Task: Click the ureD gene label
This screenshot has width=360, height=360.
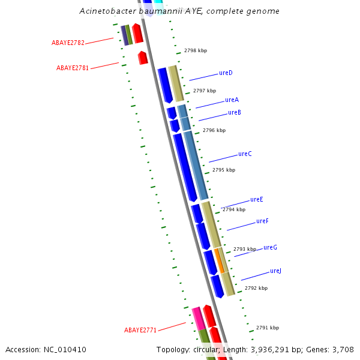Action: coord(226,73)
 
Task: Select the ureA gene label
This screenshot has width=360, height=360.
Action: coord(232,100)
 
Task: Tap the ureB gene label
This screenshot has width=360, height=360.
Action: coord(235,113)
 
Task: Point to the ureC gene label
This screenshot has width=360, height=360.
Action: coord(245,154)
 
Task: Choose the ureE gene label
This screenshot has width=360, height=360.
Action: coord(256,200)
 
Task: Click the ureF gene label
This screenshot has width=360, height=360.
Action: coord(262,221)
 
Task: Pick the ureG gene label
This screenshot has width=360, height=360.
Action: coord(270,248)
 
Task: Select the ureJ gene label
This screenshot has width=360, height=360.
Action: coord(275,271)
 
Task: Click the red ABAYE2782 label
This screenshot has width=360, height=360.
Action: coord(68,43)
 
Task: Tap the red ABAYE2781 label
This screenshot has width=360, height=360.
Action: coord(73,68)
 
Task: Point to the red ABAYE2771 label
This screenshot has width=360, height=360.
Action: coord(140,331)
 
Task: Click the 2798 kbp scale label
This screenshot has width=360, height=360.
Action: coord(196,51)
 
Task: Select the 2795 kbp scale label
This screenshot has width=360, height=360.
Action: coord(224,170)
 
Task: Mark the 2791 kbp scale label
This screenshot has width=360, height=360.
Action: coord(268,328)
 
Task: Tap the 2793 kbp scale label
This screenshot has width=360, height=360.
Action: coord(245,249)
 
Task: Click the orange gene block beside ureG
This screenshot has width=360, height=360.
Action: coord(220,260)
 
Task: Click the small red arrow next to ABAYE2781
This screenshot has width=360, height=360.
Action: coord(143,58)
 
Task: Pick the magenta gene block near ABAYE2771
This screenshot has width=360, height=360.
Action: coord(199,318)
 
